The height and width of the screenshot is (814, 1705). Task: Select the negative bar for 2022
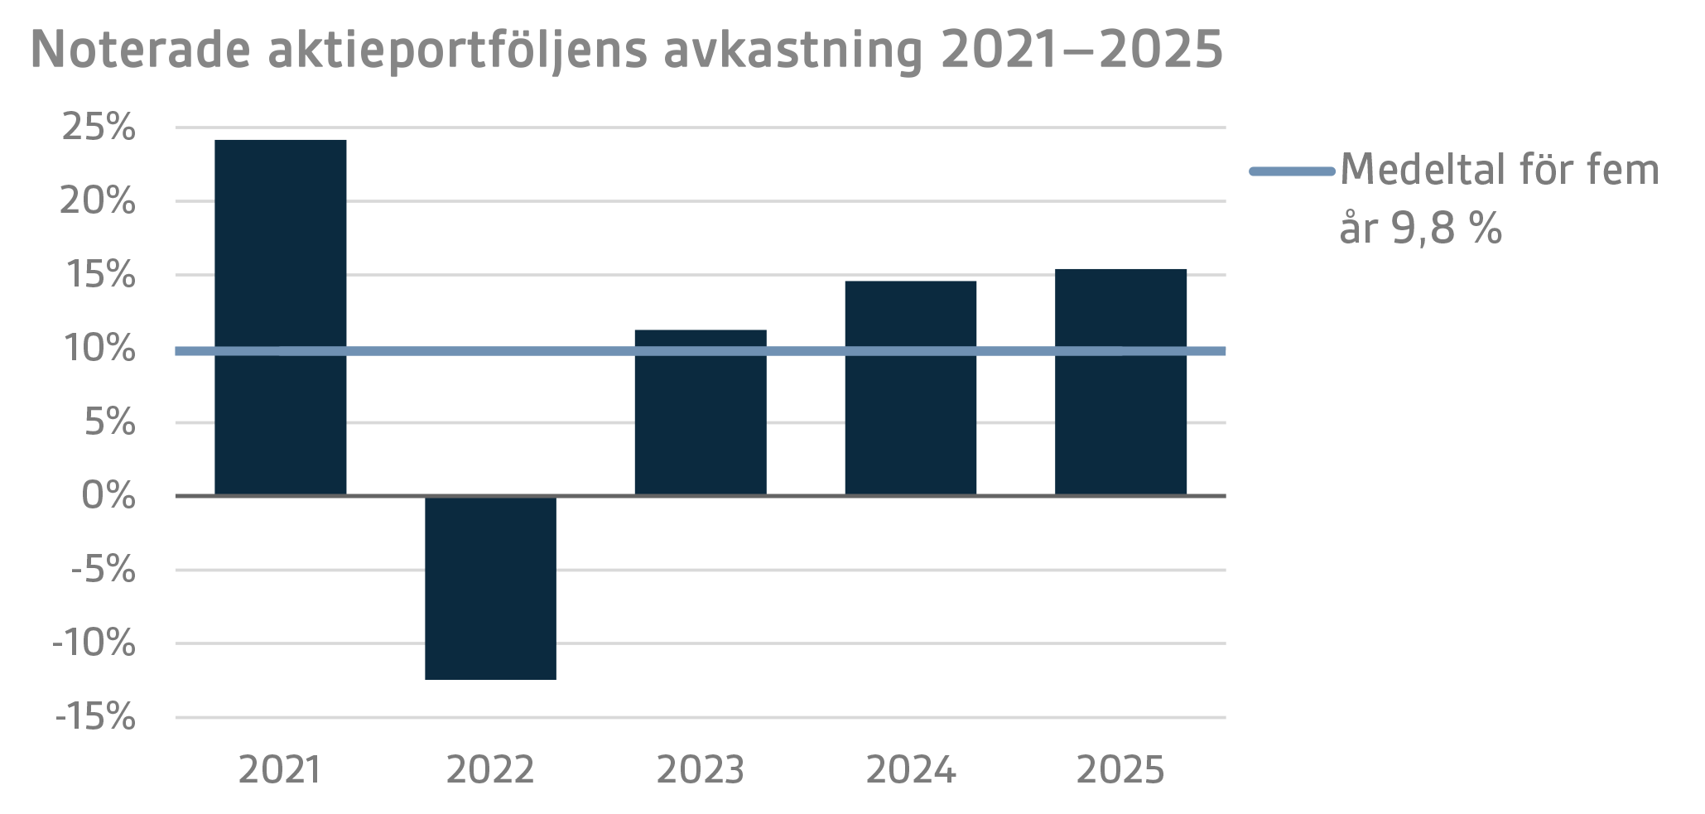pos(490,588)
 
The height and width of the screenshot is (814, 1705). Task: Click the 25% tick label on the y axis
pos(99,128)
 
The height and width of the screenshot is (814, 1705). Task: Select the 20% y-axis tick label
pos(98,201)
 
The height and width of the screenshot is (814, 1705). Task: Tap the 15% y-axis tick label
pos(100,275)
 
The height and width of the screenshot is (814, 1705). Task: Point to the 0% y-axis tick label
pos(108,496)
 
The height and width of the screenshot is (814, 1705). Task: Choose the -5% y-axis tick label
pos(103,570)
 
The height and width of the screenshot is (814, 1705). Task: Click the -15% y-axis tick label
pos(94,717)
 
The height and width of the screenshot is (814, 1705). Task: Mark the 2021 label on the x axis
pos(280,771)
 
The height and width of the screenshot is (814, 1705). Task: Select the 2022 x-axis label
pos(490,771)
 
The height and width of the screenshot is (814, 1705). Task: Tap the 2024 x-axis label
pos(910,771)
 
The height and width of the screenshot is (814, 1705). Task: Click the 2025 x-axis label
pos(1120,771)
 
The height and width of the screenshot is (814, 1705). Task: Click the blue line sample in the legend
pos(1292,171)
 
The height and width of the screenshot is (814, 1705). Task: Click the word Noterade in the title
pos(140,50)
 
